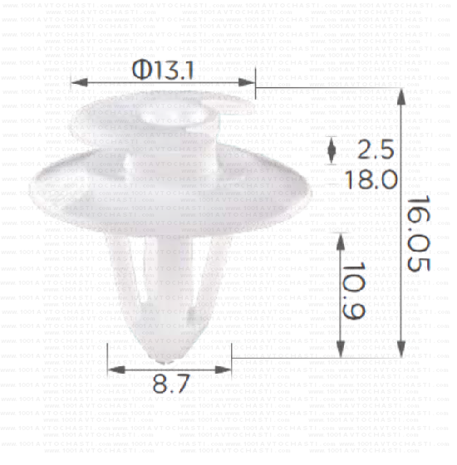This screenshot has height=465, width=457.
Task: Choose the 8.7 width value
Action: pyautogui.click(x=171, y=383)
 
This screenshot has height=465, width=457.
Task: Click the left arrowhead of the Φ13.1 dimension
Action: pyautogui.click(x=78, y=81)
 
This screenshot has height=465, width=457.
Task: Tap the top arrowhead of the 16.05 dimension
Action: pyautogui.click(x=403, y=95)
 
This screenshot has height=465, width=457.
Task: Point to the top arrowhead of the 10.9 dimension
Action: pyautogui.click(x=340, y=240)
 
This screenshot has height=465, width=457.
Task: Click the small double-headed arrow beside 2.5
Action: pyautogui.click(x=333, y=150)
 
